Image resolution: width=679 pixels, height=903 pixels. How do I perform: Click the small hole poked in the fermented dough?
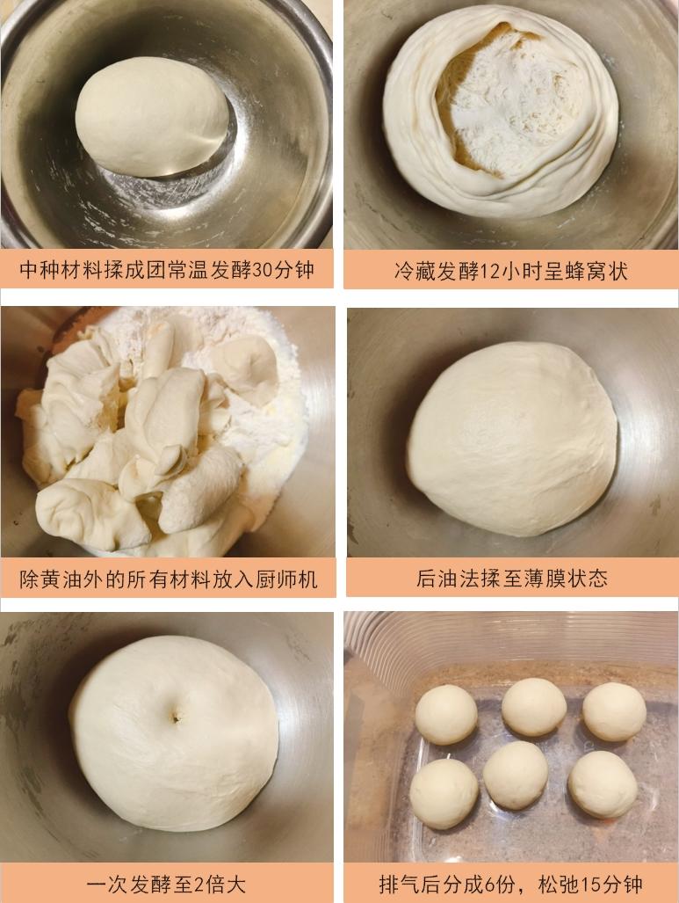[x=176, y=717]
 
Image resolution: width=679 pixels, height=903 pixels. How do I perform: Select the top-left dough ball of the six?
[x=445, y=714]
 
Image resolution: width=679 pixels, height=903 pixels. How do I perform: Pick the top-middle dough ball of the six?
[x=533, y=706]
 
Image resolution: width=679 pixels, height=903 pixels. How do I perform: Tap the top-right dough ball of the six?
[x=614, y=710]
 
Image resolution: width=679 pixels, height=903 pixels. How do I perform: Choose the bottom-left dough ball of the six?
[x=444, y=792]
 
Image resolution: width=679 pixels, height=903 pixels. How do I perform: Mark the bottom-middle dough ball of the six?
[x=516, y=775]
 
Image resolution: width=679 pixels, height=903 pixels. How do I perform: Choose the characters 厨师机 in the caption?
[x=288, y=579]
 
